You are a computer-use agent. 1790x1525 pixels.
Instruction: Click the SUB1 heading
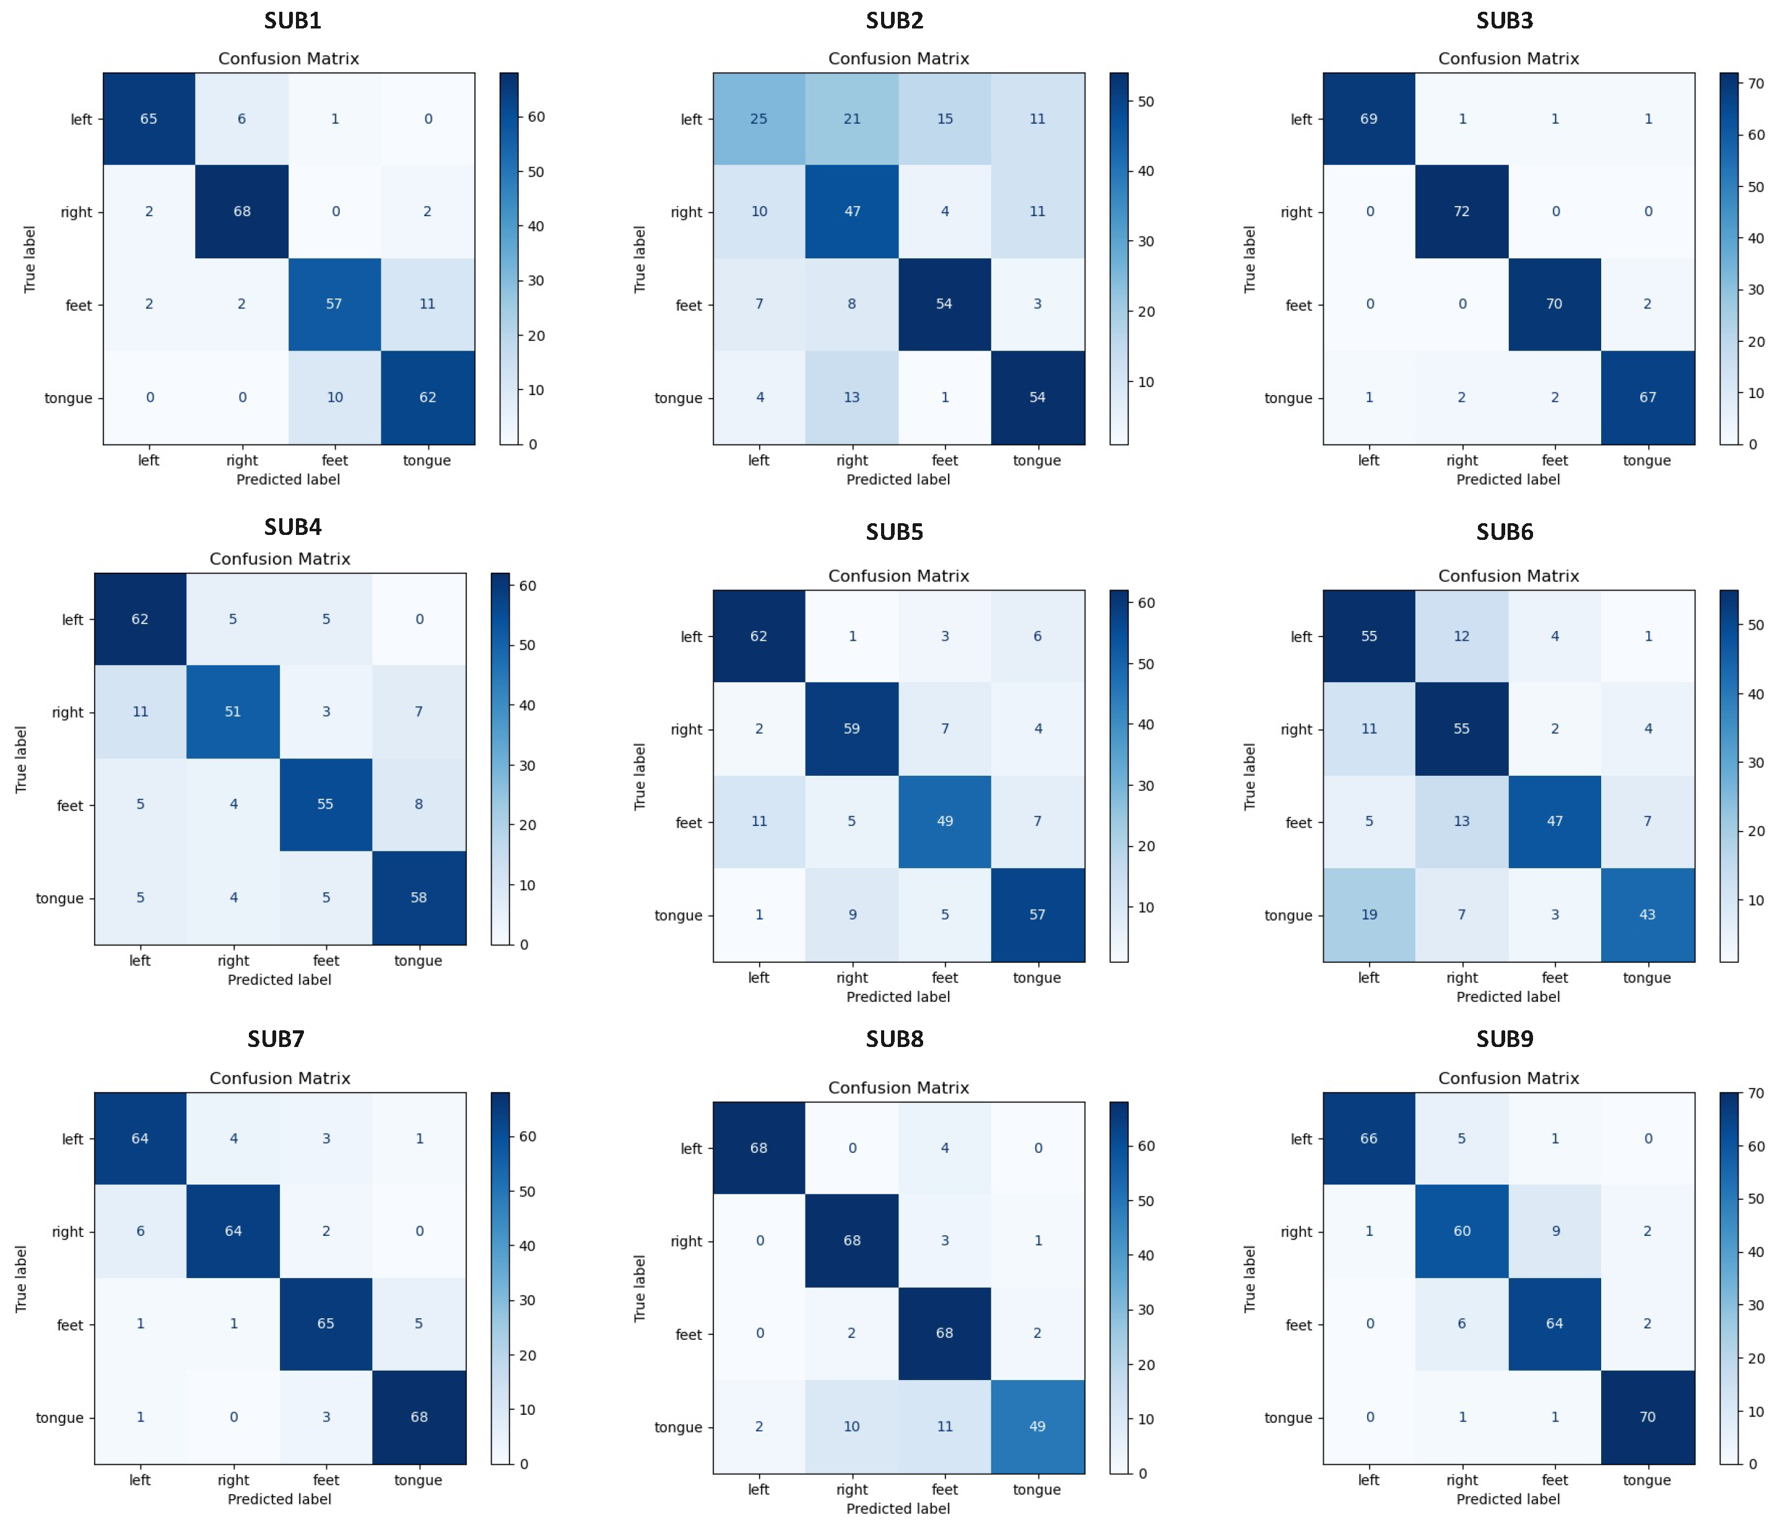tap(293, 20)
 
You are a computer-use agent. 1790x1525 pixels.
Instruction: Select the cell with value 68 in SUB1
tap(242, 212)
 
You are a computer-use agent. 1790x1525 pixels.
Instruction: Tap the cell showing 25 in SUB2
tap(758, 119)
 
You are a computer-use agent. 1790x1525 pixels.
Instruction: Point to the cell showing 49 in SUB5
tap(944, 822)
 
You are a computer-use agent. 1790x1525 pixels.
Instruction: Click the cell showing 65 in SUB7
tap(326, 1324)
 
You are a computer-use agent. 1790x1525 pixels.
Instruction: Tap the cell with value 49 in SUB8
tap(1036, 1427)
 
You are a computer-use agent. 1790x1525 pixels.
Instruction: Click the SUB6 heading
tap(1504, 532)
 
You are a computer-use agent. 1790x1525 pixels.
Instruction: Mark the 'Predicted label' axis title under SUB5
tap(898, 997)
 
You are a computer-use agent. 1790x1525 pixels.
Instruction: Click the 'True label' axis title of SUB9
tap(1250, 1279)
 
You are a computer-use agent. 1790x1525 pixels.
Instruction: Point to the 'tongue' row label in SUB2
tap(678, 398)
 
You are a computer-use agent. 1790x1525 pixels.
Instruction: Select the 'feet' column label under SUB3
tap(1554, 461)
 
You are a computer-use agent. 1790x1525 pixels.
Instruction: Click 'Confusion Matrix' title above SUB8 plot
tap(898, 1088)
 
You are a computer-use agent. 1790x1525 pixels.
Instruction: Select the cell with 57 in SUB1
tap(334, 304)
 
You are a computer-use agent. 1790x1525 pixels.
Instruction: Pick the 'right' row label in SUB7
tap(67, 1232)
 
